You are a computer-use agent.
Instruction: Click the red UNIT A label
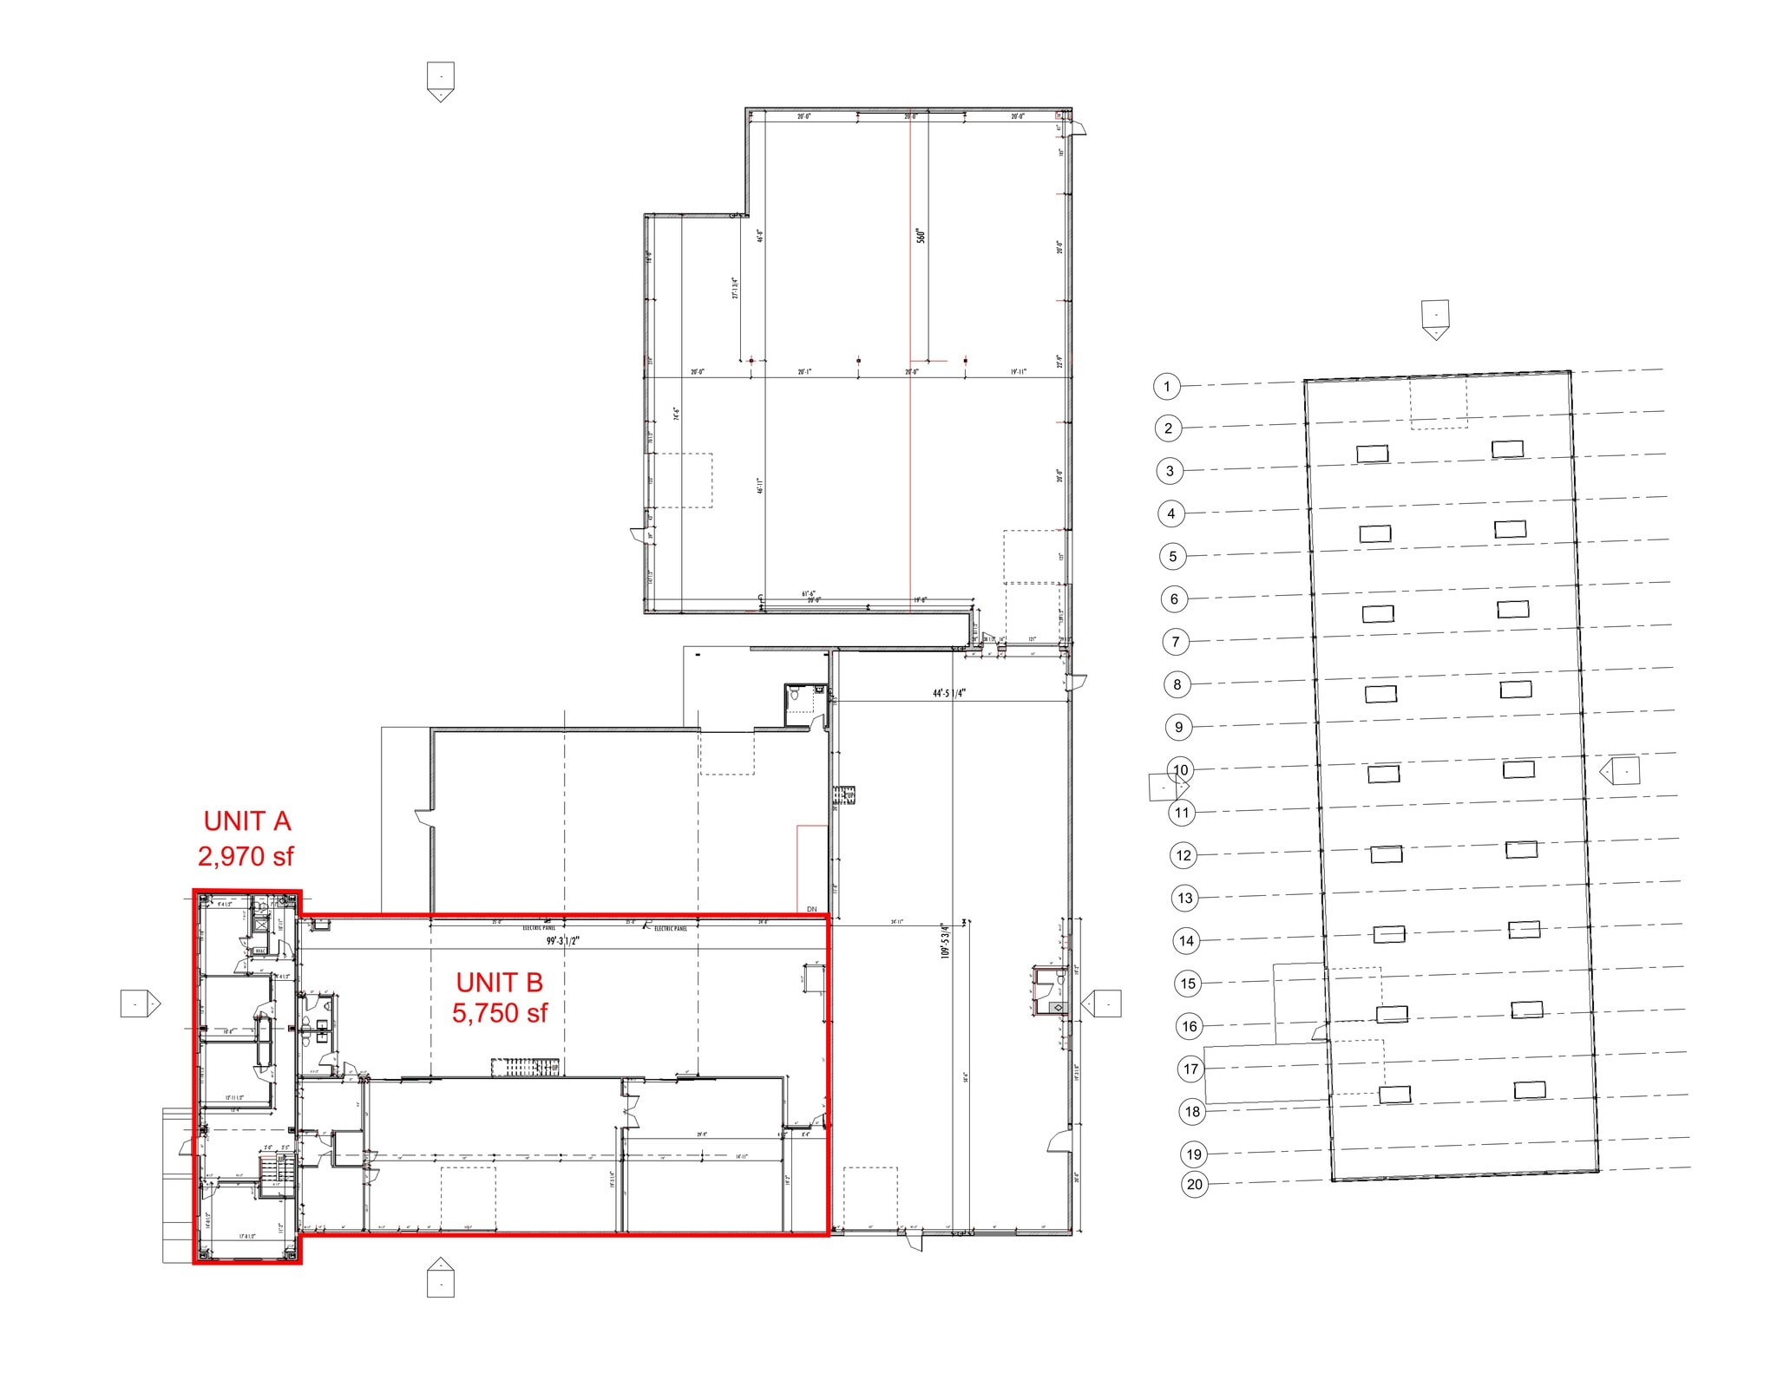(246, 821)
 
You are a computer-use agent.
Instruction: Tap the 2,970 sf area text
(246, 856)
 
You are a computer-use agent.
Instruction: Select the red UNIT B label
(499, 982)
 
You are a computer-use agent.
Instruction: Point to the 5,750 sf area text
(499, 1012)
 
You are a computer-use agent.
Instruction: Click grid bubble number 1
(1167, 386)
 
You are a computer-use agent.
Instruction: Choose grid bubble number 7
(1176, 642)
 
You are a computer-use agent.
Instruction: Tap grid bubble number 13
(1185, 898)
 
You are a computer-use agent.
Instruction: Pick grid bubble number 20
(1195, 1184)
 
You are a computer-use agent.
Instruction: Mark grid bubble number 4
(1171, 513)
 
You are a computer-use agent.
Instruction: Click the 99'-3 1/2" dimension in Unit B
(561, 940)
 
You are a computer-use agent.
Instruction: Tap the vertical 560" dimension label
(921, 236)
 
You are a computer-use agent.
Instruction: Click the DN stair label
(811, 909)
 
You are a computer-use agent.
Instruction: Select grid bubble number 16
(1190, 1026)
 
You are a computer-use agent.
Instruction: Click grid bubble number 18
(1192, 1111)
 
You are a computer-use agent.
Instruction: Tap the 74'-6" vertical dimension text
(676, 414)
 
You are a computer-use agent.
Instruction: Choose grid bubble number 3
(1170, 471)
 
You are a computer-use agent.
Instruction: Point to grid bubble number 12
(1184, 855)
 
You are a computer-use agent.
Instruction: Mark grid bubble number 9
(1178, 727)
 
